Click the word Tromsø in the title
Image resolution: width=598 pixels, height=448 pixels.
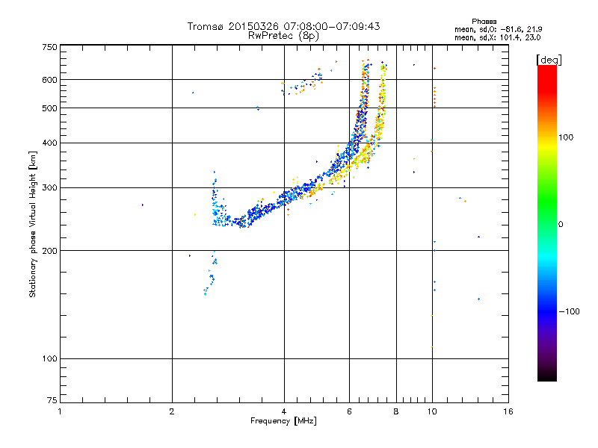204,26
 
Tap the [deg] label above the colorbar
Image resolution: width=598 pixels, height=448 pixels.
549,59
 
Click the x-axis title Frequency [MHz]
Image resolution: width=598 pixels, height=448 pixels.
283,422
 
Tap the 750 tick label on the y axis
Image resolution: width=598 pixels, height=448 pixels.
49,47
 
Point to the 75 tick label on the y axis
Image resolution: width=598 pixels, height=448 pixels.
51,403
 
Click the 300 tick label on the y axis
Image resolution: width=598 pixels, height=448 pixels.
49,187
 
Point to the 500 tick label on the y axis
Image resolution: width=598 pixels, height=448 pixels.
49,108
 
